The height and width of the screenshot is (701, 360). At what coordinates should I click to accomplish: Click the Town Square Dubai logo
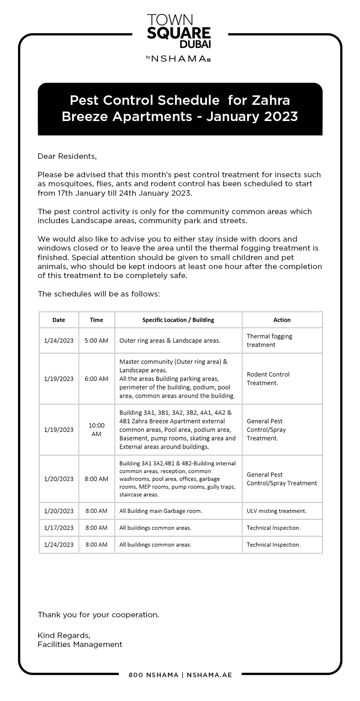click(179, 31)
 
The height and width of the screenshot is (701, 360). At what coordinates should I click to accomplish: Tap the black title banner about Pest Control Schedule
click(180, 108)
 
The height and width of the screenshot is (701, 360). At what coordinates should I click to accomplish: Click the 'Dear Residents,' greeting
click(67, 156)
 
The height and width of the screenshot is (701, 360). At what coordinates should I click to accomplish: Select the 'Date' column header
click(58, 320)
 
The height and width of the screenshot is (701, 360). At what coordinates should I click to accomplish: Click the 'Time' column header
click(96, 320)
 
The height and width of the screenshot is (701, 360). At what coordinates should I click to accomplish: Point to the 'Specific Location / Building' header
click(178, 320)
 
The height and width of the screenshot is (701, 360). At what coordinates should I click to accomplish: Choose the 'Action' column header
click(282, 320)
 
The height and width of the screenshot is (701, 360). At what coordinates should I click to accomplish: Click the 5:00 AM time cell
click(96, 341)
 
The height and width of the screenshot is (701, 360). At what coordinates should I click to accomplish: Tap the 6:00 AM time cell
click(96, 379)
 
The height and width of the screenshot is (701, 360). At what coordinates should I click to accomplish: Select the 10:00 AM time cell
click(96, 430)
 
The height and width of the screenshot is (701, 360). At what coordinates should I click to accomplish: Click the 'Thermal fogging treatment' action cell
click(270, 341)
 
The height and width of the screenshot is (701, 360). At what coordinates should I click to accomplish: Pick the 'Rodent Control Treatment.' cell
click(268, 379)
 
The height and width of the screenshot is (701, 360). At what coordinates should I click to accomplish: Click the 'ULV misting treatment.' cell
click(276, 511)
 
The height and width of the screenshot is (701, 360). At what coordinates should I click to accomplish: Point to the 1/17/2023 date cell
click(58, 528)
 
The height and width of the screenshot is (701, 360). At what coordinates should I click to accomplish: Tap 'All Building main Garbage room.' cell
click(161, 511)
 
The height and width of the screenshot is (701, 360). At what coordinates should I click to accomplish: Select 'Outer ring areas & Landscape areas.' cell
click(170, 341)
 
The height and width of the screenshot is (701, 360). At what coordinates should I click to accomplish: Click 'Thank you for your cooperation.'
click(99, 615)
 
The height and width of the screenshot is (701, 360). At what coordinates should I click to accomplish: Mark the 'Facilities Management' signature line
click(80, 644)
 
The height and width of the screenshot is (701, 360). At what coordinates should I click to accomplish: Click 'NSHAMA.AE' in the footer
click(209, 675)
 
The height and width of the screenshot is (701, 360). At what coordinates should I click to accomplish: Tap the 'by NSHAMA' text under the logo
click(178, 58)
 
